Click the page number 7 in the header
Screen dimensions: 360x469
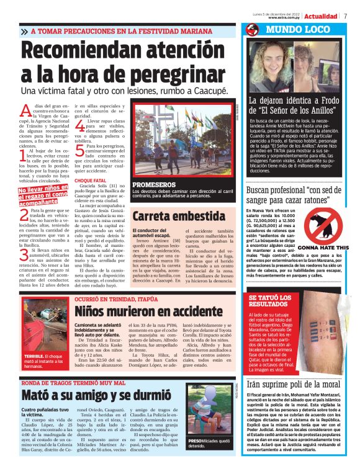click(x=345, y=16)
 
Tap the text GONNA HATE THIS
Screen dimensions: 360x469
click(x=334, y=246)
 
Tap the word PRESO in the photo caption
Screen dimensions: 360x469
click(x=196, y=440)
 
